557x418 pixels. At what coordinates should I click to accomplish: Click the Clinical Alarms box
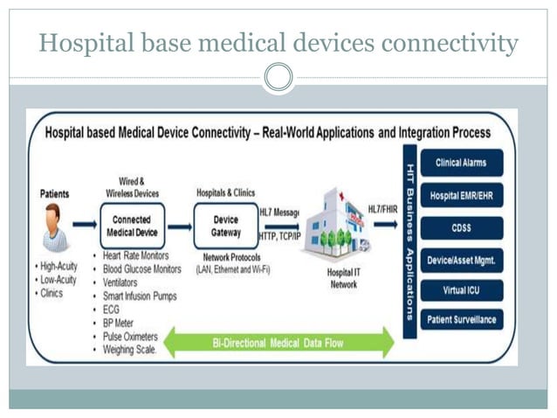click(x=461, y=163)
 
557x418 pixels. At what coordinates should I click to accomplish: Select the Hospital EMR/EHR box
click(x=461, y=195)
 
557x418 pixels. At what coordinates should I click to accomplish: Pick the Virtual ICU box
click(x=461, y=289)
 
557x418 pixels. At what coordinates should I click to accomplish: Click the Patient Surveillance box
click(x=461, y=320)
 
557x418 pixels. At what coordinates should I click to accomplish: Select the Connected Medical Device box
click(x=132, y=226)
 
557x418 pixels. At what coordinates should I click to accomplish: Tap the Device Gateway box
click(x=226, y=226)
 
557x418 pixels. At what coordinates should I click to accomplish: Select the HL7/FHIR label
click(x=382, y=209)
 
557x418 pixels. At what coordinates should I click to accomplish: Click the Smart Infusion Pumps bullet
click(x=140, y=296)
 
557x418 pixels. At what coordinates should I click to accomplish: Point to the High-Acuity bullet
click(x=58, y=266)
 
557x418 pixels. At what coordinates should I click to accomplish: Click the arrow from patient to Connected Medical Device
click(x=85, y=225)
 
